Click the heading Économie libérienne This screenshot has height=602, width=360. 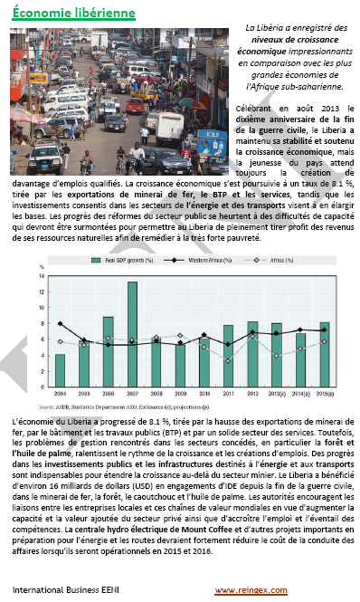tap(75, 14)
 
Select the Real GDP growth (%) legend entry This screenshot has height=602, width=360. tap(131, 260)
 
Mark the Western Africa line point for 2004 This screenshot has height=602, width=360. tap(60, 323)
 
